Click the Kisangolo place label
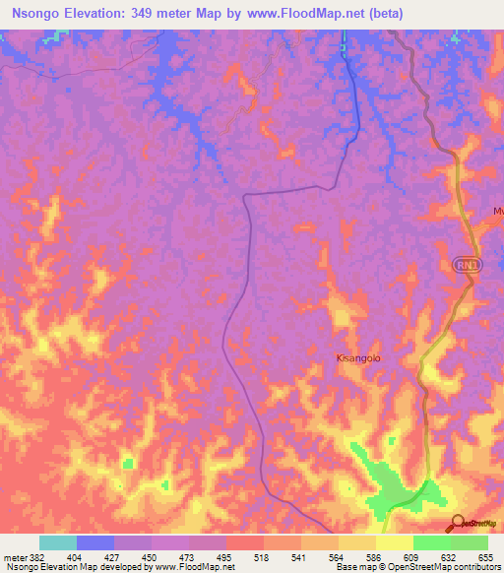(358, 358)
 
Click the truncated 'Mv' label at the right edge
(497, 212)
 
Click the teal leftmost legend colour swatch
(58, 541)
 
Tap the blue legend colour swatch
(95, 541)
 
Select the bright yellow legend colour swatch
(395, 541)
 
